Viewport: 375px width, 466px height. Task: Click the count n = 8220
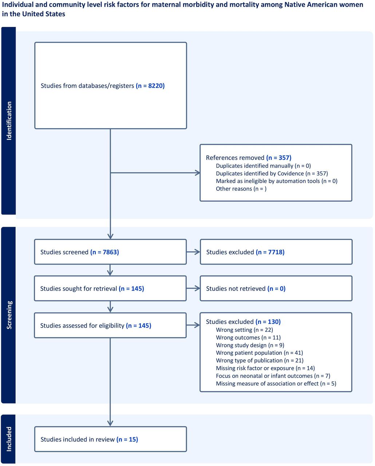(x=150, y=86)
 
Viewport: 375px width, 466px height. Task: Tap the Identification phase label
(x=9, y=121)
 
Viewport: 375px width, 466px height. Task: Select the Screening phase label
(x=9, y=315)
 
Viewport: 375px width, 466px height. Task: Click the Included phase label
(x=9, y=439)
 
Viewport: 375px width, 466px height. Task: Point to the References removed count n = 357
(x=279, y=158)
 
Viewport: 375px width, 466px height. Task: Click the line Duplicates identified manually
(x=263, y=166)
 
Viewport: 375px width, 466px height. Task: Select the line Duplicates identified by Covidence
(x=272, y=173)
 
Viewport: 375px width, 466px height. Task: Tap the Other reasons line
(x=241, y=189)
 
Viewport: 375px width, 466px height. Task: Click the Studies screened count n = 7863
(x=104, y=252)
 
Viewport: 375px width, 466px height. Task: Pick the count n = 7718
(x=270, y=252)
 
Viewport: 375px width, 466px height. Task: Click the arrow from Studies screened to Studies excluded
(x=193, y=252)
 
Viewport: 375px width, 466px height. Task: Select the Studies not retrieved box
(x=276, y=288)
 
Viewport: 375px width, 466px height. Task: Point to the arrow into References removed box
(x=155, y=173)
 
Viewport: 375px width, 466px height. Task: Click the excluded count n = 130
(x=268, y=322)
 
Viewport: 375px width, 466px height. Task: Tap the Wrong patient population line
(x=259, y=353)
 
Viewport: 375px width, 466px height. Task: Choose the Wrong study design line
(x=250, y=345)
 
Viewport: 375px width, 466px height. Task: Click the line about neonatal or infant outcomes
(x=273, y=376)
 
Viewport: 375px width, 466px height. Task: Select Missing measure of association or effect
(x=276, y=383)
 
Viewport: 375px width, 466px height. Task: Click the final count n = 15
(x=127, y=439)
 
